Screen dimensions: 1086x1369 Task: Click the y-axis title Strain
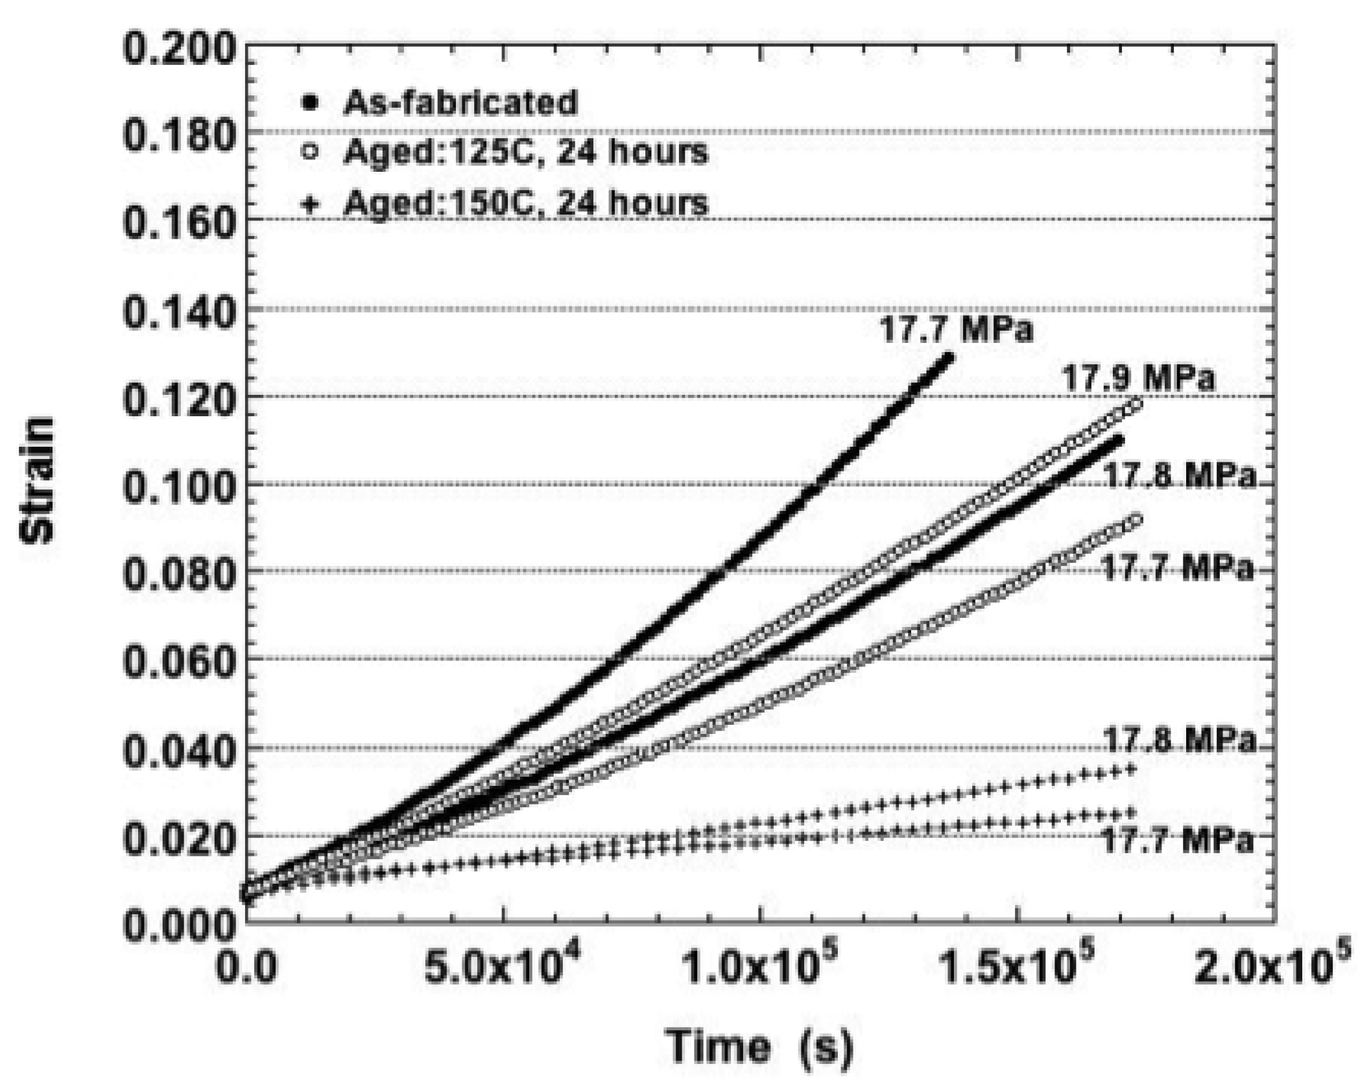pyautogui.click(x=37, y=480)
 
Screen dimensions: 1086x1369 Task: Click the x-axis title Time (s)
pyautogui.click(x=759, y=1047)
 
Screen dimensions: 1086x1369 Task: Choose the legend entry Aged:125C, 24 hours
pyautogui.click(x=525, y=152)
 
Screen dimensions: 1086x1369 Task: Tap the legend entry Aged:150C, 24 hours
pyautogui.click(x=525, y=202)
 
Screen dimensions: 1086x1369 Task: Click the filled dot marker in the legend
pyautogui.click(x=311, y=102)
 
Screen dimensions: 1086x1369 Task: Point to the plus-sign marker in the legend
pyautogui.click(x=311, y=204)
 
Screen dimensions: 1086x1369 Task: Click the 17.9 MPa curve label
pyautogui.click(x=1137, y=377)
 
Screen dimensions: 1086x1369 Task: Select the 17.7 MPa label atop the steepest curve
pyautogui.click(x=956, y=330)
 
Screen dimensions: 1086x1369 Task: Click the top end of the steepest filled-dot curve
pyautogui.click(x=949, y=356)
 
